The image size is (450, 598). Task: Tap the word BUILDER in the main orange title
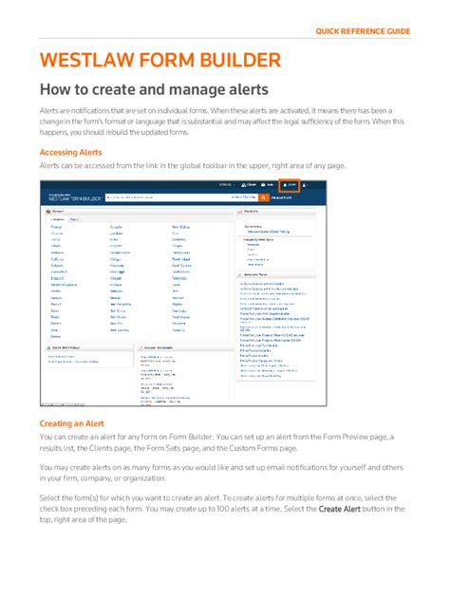[236, 63]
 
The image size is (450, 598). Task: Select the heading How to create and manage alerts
[153, 91]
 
